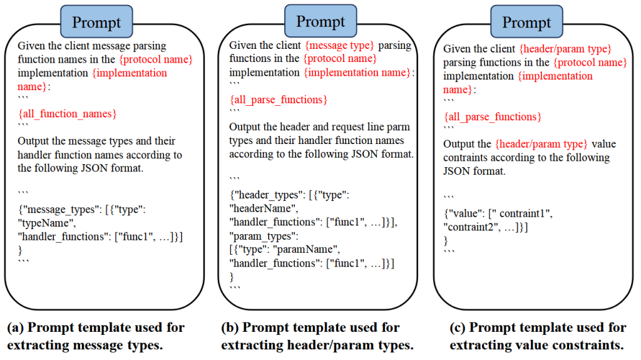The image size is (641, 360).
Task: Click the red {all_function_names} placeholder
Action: (x=68, y=114)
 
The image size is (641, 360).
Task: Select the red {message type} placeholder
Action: (x=339, y=45)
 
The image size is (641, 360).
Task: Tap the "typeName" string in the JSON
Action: (x=46, y=223)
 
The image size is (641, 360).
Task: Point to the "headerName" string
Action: (x=264, y=208)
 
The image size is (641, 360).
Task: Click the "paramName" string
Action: (x=305, y=250)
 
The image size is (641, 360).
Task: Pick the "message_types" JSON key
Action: (x=62, y=210)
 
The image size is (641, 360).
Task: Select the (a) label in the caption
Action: (x=15, y=327)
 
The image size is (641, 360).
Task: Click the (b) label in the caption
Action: (x=230, y=327)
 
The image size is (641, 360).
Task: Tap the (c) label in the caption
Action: (x=458, y=327)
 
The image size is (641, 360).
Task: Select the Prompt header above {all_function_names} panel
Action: (x=96, y=22)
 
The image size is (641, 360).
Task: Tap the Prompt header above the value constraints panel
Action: (x=526, y=22)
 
